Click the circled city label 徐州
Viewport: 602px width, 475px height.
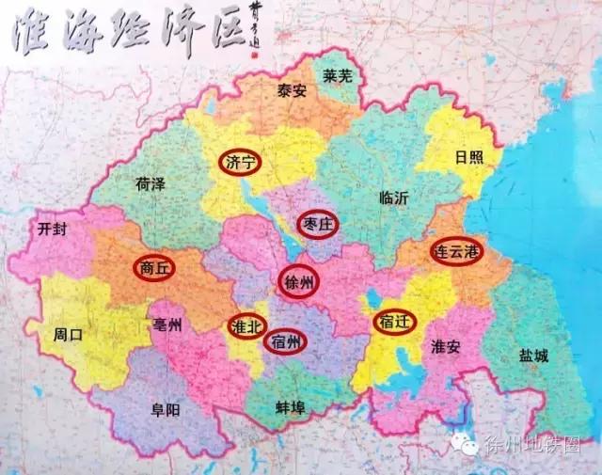click(300, 280)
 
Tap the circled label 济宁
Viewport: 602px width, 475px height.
click(240, 163)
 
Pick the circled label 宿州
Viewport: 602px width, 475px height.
click(286, 342)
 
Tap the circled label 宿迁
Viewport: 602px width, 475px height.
click(391, 322)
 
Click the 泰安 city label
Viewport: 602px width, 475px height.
click(292, 91)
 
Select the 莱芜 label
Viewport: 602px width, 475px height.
click(338, 74)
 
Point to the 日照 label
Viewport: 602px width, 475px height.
click(468, 156)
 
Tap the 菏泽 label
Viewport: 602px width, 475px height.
click(150, 183)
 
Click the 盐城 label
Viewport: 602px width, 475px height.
click(533, 356)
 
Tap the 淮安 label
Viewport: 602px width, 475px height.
click(445, 347)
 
